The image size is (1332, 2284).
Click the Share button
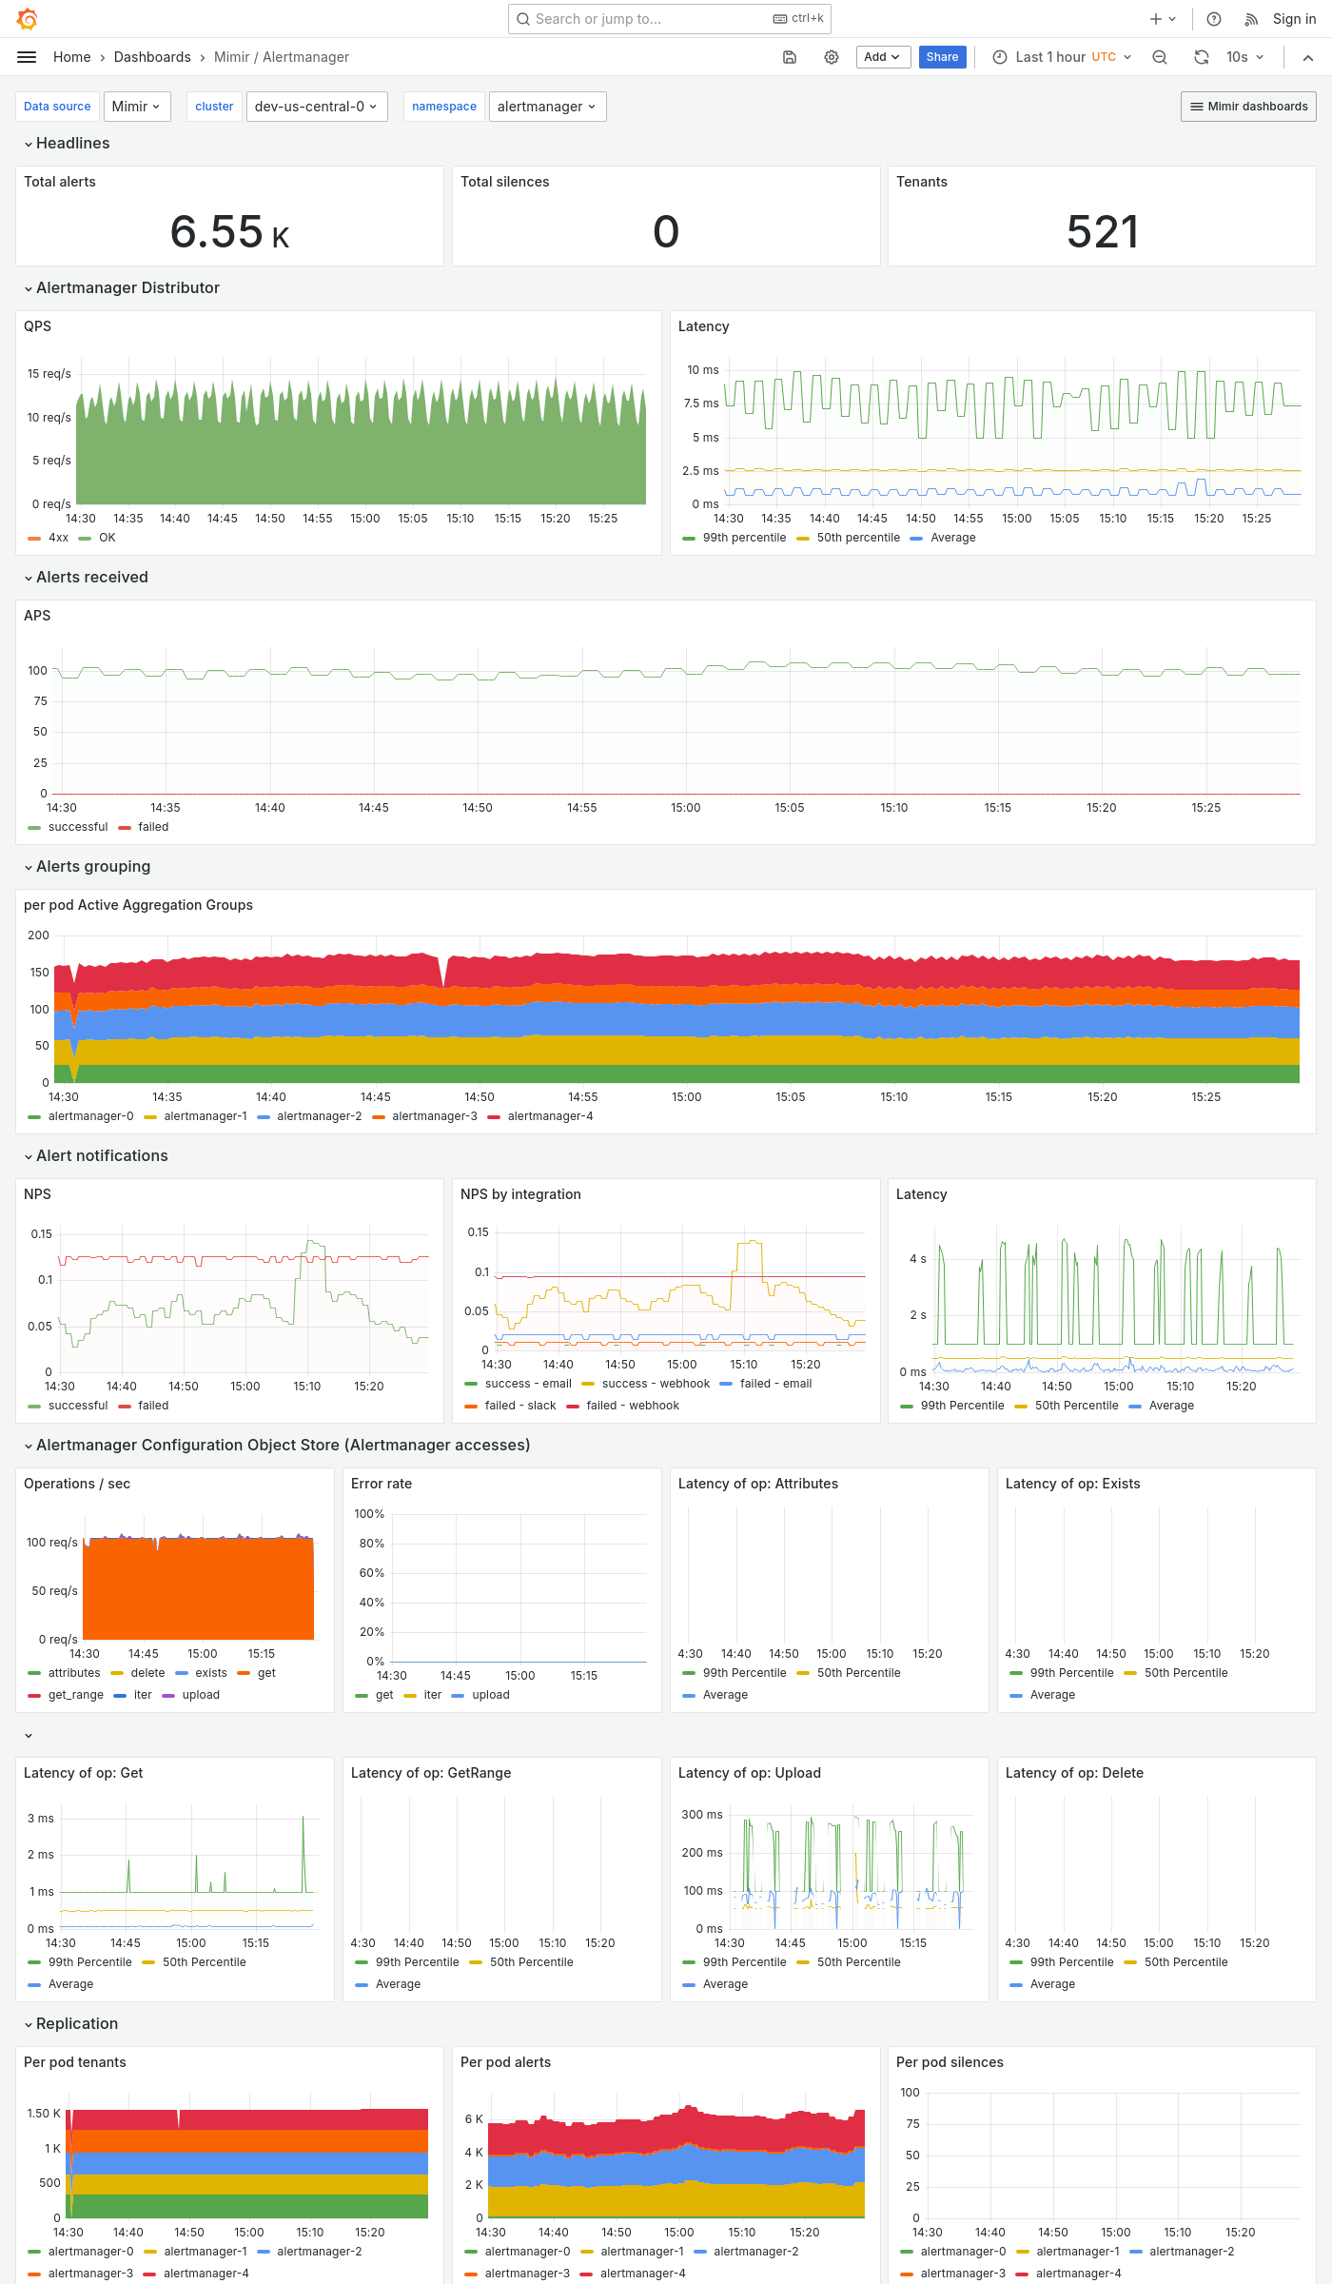(942, 57)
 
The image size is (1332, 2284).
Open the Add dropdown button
(882, 57)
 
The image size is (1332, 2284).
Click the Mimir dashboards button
(1248, 107)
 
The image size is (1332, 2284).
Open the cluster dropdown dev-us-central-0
(316, 107)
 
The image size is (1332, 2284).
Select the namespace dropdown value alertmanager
(547, 107)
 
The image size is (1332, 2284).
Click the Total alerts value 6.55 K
(229, 232)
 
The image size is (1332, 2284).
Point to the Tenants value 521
(1102, 232)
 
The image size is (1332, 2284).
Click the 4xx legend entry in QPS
(58, 538)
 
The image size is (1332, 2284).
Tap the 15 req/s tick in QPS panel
(49, 374)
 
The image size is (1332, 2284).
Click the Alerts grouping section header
(93, 866)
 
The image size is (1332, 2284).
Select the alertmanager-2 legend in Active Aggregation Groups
(319, 1116)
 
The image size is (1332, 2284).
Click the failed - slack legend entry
(519, 1406)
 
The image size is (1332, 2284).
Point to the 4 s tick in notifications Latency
(917, 1259)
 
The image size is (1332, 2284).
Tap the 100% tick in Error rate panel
(369, 1514)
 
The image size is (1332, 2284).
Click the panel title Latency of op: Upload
(749, 1773)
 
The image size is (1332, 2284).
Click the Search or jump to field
(656, 19)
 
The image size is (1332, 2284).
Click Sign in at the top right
(1294, 19)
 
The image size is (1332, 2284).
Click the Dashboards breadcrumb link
(152, 57)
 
